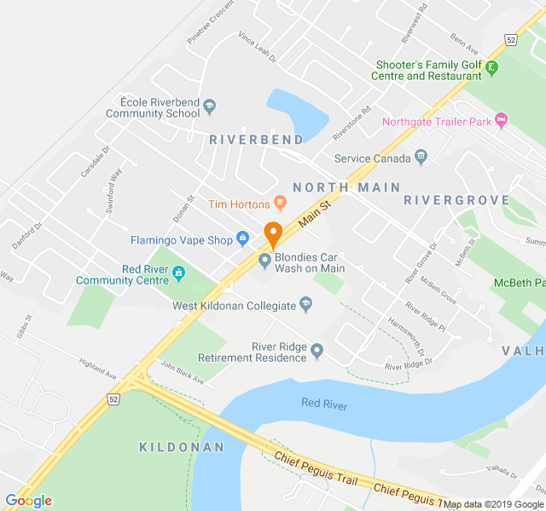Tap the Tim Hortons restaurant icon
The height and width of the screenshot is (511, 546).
pyautogui.click(x=280, y=203)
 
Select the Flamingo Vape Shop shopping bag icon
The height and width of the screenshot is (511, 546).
pyautogui.click(x=242, y=239)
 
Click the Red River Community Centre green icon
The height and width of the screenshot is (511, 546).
pyautogui.click(x=179, y=273)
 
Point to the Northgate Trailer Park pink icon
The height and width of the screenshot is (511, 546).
pyautogui.click(x=501, y=121)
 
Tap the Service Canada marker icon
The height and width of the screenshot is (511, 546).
pyautogui.click(x=421, y=158)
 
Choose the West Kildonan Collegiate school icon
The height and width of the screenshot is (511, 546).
pyautogui.click(x=307, y=304)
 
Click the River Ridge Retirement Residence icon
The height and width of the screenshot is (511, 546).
pyautogui.click(x=317, y=350)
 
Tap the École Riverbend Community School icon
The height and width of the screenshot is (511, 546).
pyautogui.click(x=211, y=106)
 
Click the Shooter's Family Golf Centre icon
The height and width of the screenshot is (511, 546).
pyautogui.click(x=493, y=66)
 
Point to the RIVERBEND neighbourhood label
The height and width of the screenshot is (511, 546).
pyautogui.click(x=256, y=139)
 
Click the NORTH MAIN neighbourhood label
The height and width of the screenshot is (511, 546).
pyautogui.click(x=333, y=187)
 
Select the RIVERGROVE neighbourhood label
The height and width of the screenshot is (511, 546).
pyautogui.click(x=456, y=200)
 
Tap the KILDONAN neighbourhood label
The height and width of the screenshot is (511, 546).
pyautogui.click(x=182, y=446)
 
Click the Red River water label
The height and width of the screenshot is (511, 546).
pyautogui.click(x=324, y=405)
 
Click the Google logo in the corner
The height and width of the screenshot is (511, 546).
pyautogui.click(x=28, y=500)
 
